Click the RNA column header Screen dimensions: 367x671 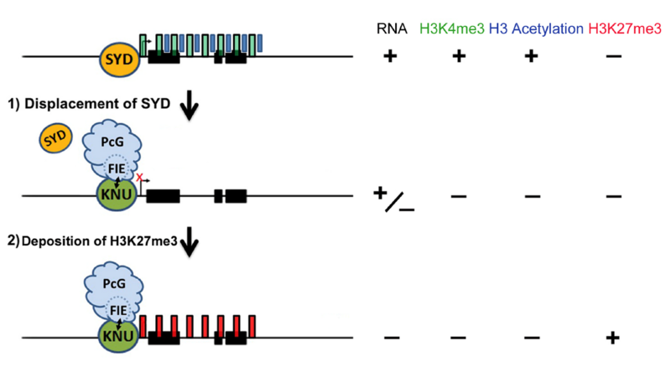pyautogui.click(x=390, y=29)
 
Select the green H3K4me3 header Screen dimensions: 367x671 pyautogui.click(x=457, y=29)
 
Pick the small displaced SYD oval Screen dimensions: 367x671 pyautogui.click(x=54, y=139)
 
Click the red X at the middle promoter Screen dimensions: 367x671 pyautogui.click(x=140, y=177)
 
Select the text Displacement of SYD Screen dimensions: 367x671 pyautogui.click(x=99, y=104)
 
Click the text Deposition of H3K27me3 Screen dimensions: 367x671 pyautogui.click(x=101, y=244)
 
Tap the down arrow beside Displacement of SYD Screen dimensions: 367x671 pyautogui.click(x=190, y=104)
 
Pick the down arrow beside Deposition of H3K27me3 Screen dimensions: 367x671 pyautogui.click(x=190, y=244)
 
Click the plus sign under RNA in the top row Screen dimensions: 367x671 pyautogui.click(x=389, y=58)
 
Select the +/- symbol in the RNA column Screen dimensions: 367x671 pyautogui.click(x=393, y=199)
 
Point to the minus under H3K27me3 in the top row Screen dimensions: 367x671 pyautogui.click(x=613, y=58)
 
